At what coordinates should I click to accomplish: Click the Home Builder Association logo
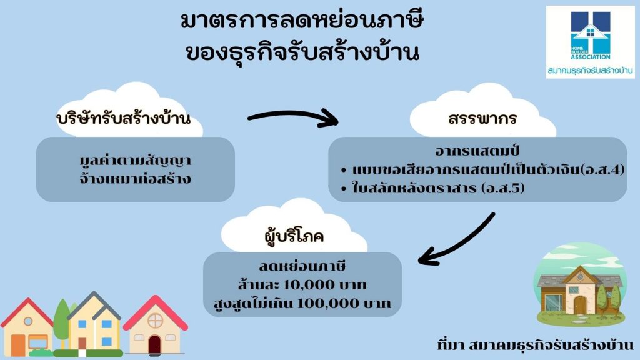590,42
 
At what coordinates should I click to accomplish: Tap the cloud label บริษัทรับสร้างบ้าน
124,118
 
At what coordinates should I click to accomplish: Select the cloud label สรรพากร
482,118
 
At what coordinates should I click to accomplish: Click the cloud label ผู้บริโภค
294,236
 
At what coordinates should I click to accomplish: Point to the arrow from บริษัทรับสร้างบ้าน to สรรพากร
293,116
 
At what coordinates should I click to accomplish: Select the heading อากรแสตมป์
477,151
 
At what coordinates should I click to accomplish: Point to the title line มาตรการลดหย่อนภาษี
302,21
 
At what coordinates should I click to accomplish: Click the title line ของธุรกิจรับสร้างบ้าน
302,53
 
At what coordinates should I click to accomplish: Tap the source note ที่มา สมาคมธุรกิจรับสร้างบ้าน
535,345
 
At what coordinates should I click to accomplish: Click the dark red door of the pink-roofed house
155,345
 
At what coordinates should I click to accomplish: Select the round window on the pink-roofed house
155,321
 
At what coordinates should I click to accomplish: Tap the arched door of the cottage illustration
580,305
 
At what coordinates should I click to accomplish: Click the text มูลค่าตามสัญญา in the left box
135,160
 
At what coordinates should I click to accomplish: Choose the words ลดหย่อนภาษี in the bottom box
302,266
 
